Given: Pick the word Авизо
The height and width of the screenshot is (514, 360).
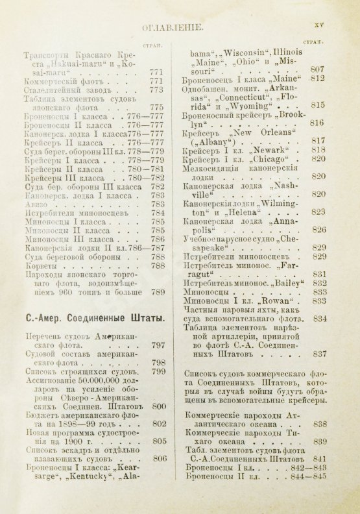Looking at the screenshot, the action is pos(34,202).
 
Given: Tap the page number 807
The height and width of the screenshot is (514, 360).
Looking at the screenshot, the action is pos(317,69).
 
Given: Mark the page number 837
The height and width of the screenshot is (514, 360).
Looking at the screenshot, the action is pos(317,354).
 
